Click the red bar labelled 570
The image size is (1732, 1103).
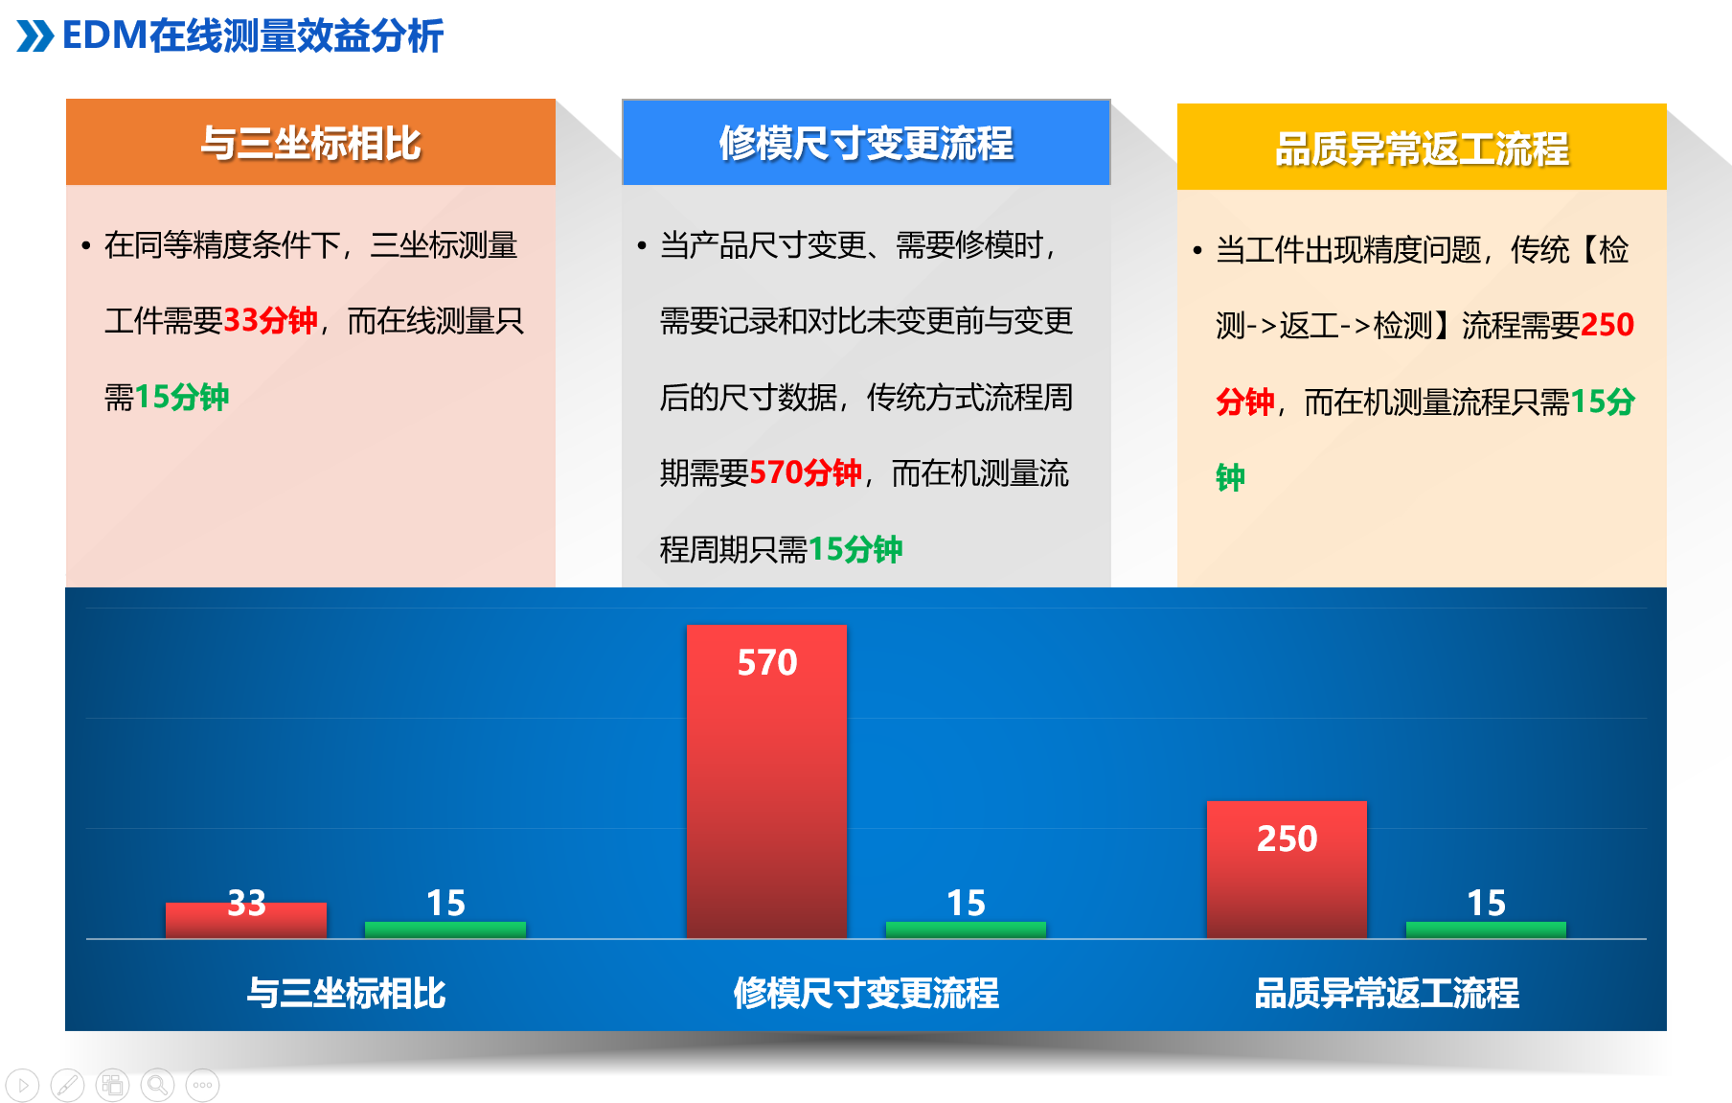pyautogui.click(x=766, y=781)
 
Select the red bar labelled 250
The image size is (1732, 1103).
pyautogui.click(x=1287, y=869)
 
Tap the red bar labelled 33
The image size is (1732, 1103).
pyautogui.click(x=246, y=920)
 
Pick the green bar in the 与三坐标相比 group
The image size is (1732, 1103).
pyautogui.click(x=445, y=930)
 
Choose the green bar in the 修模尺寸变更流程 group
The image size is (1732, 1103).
pyautogui.click(x=966, y=930)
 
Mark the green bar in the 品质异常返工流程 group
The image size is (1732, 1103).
pyautogui.click(x=1486, y=930)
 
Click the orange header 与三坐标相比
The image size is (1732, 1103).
pyautogui.click(x=310, y=142)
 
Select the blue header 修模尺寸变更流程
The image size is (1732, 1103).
pyautogui.click(x=866, y=142)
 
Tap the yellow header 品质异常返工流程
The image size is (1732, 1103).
pyautogui.click(x=1422, y=147)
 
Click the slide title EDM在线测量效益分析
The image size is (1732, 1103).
pyautogui.click(x=252, y=35)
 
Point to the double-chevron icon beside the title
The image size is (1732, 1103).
pyautogui.click(x=35, y=36)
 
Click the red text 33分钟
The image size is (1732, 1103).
pyautogui.click(x=270, y=320)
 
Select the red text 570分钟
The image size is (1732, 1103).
pyautogui.click(x=806, y=472)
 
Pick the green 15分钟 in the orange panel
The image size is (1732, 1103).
pyautogui.click(x=182, y=397)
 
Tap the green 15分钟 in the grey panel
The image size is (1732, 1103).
pyautogui.click(x=855, y=549)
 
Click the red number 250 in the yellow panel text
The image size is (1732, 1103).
pyautogui.click(x=1607, y=325)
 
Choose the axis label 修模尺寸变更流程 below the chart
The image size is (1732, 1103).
pyautogui.click(x=866, y=993)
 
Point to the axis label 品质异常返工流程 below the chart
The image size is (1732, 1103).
pyautogui.click(x=1387, y=993)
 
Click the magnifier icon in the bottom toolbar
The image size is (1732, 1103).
pyautogui.click(x=158, y=1085)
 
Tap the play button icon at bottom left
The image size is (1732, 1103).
pyautogui.click(x=22, y=1085)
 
